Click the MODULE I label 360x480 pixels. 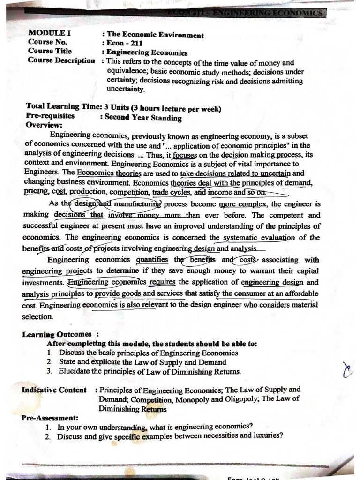click(x=46, y=34)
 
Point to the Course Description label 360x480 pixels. click(x=61, y=60)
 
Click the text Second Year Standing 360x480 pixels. click(x=143, y=118)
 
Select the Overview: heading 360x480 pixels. click(x=44, y=125)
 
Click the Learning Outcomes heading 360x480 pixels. click(x=57, y=334)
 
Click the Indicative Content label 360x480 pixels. click(x=54, y=390)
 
